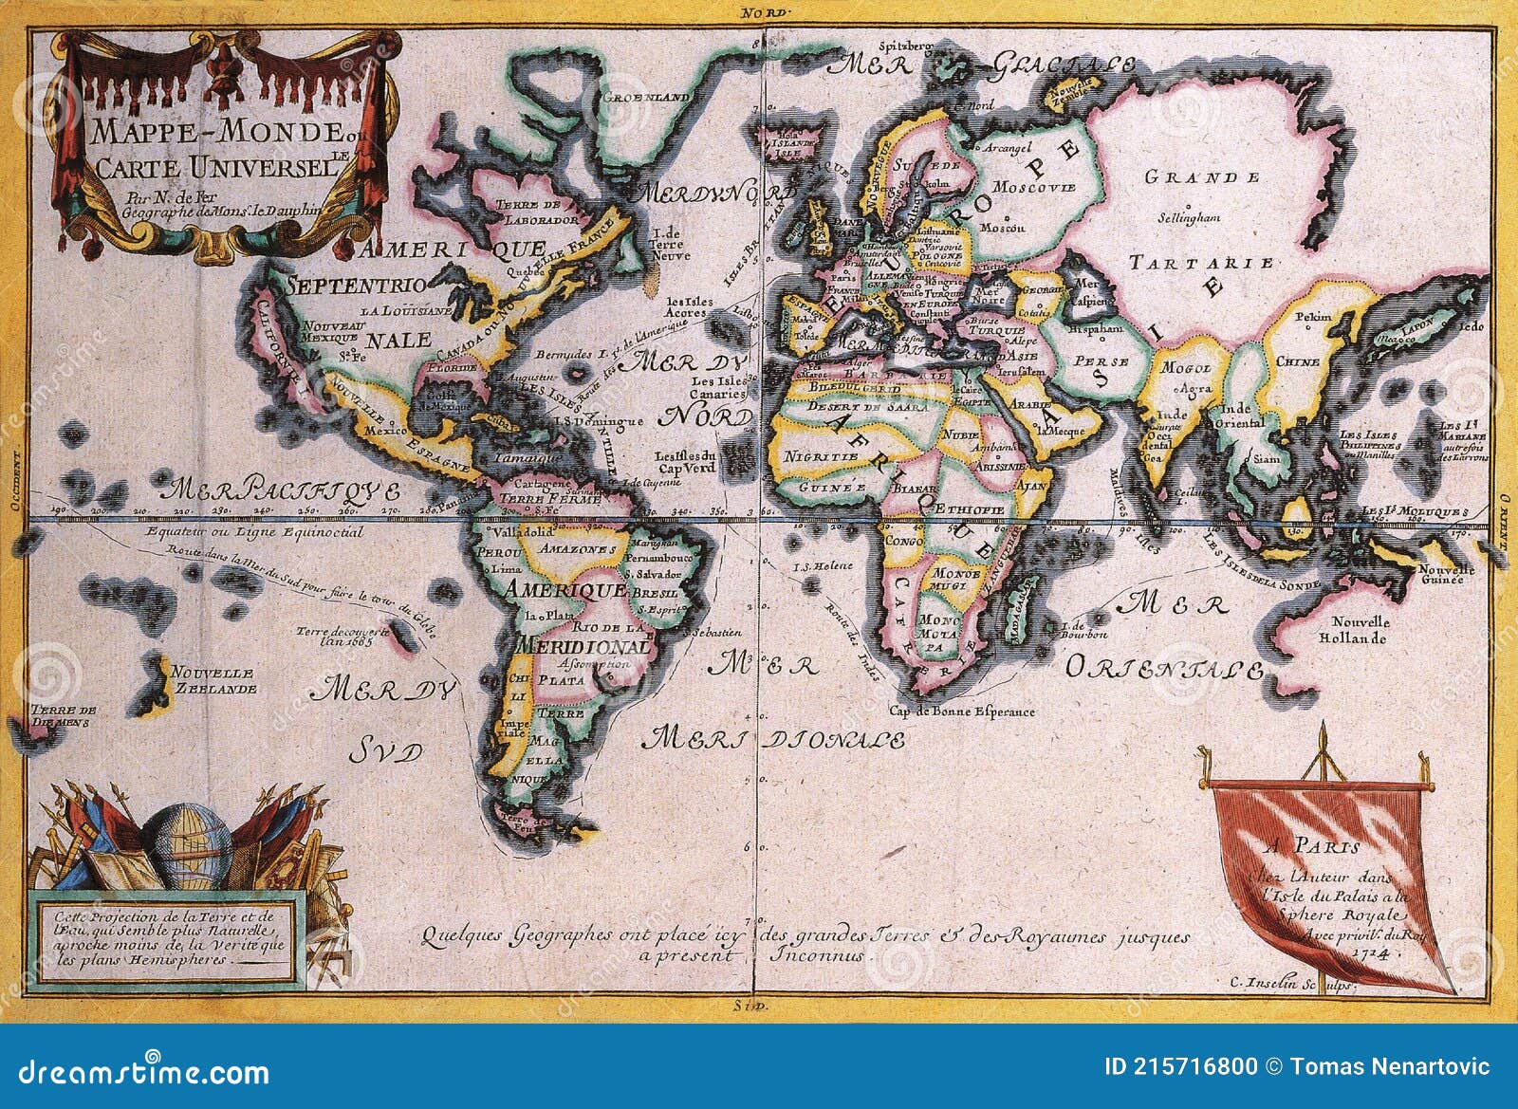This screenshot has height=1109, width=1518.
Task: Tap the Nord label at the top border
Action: click(x=758, y=12)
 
